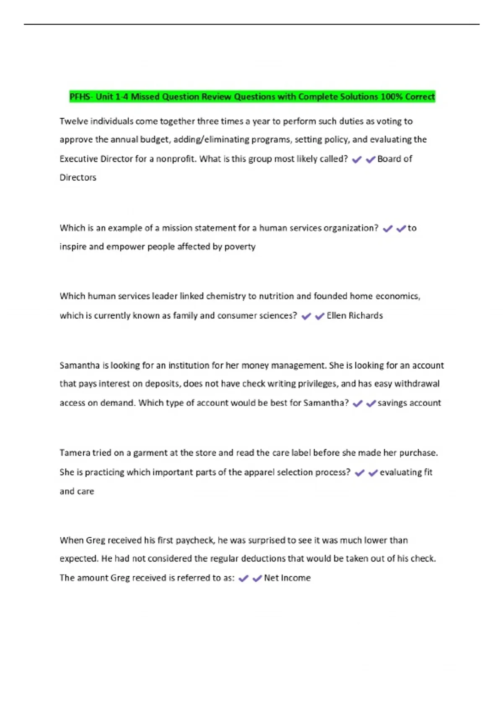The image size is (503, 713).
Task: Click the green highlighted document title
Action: [x=252, y=97]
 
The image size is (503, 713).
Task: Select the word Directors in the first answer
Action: [x=78, y=177]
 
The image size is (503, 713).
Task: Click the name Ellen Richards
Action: [x=355, y=315]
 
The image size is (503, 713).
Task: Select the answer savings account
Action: [x=409, y=403]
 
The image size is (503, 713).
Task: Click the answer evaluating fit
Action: [x=406, y=472]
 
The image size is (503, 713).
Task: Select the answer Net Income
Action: [x=287, y=578]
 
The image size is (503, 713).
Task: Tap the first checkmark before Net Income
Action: [x=243, y=578]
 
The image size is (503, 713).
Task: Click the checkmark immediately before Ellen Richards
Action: [x=319, y=316]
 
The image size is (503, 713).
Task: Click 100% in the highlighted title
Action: [x=392, y=97]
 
